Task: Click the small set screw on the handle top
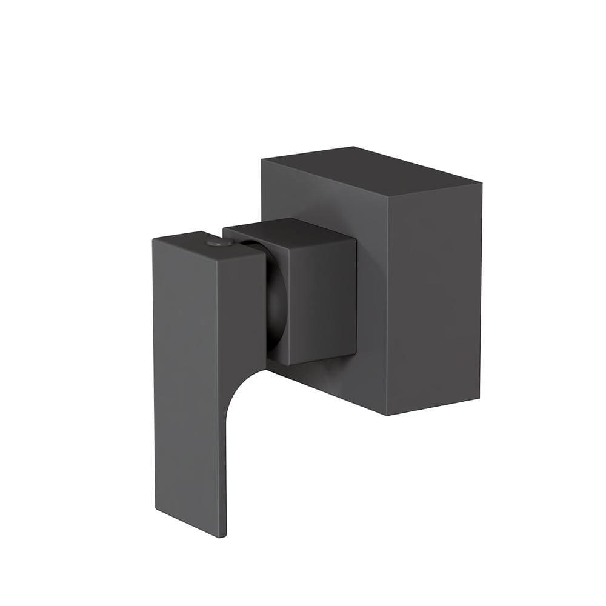pos(219,242)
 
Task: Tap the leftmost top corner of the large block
pos(262,159)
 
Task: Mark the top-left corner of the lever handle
pos(153,238)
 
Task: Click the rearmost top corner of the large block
pos(353,146)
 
